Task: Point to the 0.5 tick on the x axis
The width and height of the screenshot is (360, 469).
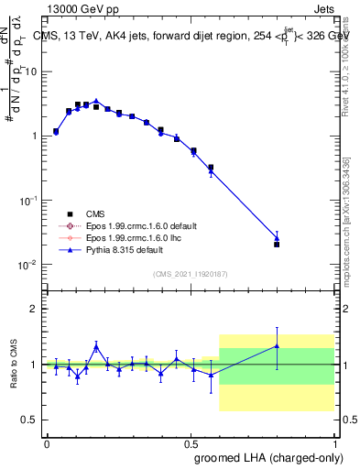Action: point(191,443)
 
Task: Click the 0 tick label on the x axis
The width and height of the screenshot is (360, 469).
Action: point(47,443)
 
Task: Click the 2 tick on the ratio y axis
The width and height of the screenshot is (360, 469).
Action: point(33,309)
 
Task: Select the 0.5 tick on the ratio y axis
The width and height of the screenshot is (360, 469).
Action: point(30,420)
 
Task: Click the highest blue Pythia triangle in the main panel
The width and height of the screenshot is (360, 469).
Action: point(95,101)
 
